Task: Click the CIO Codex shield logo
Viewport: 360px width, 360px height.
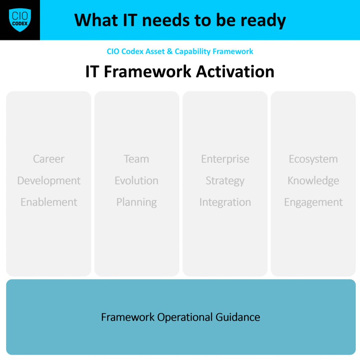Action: pos(20,20)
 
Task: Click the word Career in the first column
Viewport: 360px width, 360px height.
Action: pos(49,159)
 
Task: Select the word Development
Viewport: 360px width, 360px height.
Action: pos(49,181)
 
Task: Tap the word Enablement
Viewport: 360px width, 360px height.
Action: pos(49,202)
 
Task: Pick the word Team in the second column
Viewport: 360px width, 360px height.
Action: pos(136,159)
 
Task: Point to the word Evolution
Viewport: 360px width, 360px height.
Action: pos(137,180)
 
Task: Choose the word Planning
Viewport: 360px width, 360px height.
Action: pos(137,202)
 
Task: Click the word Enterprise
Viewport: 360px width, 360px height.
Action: pos(225,159)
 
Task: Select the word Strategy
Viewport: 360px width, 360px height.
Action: pos(225,181)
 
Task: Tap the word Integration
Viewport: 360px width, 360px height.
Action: pos(225,202)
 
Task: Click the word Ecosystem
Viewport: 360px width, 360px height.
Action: pos(313,159)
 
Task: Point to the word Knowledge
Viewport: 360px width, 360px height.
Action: pos(313,180)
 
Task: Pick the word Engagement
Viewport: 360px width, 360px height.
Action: pos(313,202)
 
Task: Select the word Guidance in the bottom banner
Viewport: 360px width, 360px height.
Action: pos(238,317)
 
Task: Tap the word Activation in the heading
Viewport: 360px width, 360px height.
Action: pos(235,71)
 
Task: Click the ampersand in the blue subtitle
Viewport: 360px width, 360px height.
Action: pos(170,51)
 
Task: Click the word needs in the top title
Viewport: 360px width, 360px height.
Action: pos(166,20)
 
